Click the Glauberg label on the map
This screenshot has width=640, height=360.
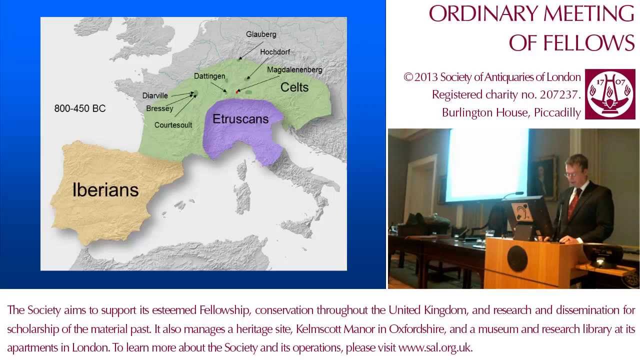pyautogui.click(x=261, y=34)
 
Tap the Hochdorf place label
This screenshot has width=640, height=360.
pyautogui.click(x=274, y=52)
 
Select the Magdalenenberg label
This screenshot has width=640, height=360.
pyautogui.click(x=294, y=70)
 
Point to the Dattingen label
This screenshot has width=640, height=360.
pyautogui.click(x=209, y=76)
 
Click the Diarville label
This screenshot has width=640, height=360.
pyautogui.click(x=155, y=95)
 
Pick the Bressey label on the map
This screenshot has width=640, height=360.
pyautogui.click(x=159, y=108)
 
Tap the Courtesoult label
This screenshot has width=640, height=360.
pyautogui.click(x=173, y=125)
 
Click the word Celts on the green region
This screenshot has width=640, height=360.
pyautogui.click(x=294, y=87)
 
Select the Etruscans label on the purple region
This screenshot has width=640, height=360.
pyautogui.click(x=240, y=119)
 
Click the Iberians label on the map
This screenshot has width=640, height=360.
pyautogui.click(x=105, y=190)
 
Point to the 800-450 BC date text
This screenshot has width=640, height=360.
pyautogui.click(x=80, y=108)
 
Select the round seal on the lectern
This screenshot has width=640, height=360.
pyautogui.click(x=517, y=259)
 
